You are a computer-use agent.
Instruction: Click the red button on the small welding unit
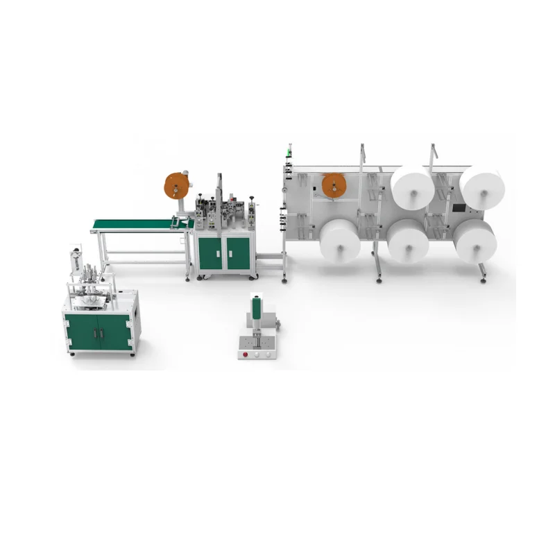(x=245, y=352)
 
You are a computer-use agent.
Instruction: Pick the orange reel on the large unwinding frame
(x=334, y=185)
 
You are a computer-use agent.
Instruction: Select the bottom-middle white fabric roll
(x=408, y=241)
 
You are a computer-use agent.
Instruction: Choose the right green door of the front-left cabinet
(x=116, y=332)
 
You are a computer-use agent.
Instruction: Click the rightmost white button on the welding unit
(x=267, y=353)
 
